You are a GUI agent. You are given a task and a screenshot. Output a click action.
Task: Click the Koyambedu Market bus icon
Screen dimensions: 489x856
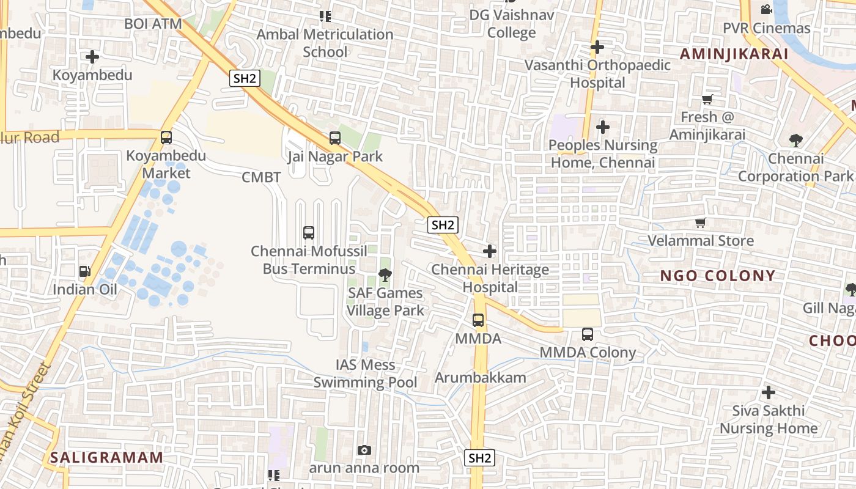click(x=166, y=138)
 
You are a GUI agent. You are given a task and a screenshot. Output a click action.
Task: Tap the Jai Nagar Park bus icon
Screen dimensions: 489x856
click(x=335, y=138)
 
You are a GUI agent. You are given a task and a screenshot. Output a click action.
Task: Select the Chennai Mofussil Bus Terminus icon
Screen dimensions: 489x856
click(x=309, y=233)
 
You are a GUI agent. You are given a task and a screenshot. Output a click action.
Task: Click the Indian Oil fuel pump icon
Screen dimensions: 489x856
click(x=84, y=271)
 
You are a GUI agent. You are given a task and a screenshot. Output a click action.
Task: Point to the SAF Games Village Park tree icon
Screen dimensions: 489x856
click(x=385, y=275)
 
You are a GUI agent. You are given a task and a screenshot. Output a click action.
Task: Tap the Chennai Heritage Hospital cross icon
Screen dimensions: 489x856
click(x=490, y=251)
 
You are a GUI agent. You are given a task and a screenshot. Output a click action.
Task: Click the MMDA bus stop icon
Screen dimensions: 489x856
click(x=478, y=320)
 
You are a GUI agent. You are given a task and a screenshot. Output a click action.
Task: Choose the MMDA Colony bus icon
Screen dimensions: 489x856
click(x=588, y=334)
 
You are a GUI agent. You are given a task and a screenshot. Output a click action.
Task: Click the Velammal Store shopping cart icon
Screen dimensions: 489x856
click(x=701, y=223)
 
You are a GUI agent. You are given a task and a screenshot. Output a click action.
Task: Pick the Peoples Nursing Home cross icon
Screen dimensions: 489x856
click(x=603, y=127)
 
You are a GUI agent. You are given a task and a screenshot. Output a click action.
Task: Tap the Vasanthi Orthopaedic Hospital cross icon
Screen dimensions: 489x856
click(x=597, y=47)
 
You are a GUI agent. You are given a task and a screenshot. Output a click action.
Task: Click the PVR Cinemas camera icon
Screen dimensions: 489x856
click(x=766, y=10)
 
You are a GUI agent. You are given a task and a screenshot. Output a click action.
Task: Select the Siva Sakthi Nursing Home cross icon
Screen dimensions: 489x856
click(x=769, y=392)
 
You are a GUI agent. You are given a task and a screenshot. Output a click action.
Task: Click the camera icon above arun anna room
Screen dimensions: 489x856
click(x=364, y=450)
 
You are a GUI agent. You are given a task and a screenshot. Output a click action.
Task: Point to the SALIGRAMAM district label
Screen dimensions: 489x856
click(x=107, y=457)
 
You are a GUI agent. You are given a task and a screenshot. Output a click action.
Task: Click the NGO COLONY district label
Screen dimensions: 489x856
click(x=718, y=276)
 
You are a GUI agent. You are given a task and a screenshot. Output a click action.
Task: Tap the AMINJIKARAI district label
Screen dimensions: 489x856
click(x=734, y=54)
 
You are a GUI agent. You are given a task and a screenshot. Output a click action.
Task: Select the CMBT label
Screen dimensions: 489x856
click(x=261, y=177)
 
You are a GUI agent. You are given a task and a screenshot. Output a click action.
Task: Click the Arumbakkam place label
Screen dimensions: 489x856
click(x=481, y=377)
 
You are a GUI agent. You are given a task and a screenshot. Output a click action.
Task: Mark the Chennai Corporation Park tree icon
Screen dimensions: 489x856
click(x=795, y=141)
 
